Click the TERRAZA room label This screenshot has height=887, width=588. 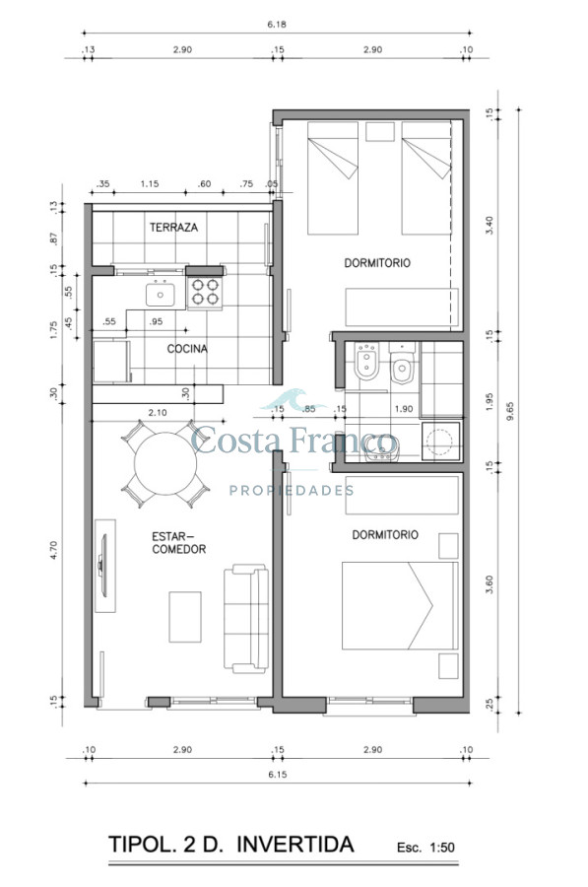(x=173, y=228)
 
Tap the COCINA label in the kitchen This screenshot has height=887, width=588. (x=187, y=349)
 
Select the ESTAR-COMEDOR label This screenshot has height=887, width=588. (x=178, y=542)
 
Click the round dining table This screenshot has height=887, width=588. (x=165, y=463)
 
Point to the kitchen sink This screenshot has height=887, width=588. (x=160, y=294)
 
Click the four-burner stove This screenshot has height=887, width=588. (x=205, y=292)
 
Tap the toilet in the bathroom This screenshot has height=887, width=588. (x=402, y=364)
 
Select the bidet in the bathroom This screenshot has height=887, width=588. (x=367, y=362)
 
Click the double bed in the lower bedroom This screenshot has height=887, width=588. (x=400, y=605)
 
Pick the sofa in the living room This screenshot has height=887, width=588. (x=246, y=618)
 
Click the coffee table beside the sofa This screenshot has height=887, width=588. (x=185, y=617)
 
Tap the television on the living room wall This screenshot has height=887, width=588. (x=102, y=565)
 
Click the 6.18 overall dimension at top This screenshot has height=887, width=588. (x=277, y=25)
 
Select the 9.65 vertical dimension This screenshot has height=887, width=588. (x=510, y=411)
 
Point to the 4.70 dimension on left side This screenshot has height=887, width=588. (x=54, y=550)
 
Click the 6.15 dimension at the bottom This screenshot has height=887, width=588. (x=277, y=775)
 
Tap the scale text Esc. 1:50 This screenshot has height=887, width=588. (x=425, y=848)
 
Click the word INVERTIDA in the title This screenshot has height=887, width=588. (x=295, y=844)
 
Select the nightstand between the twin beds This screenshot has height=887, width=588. (x=380, y=132)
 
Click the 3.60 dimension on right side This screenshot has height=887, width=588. (x=490, y=584)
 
